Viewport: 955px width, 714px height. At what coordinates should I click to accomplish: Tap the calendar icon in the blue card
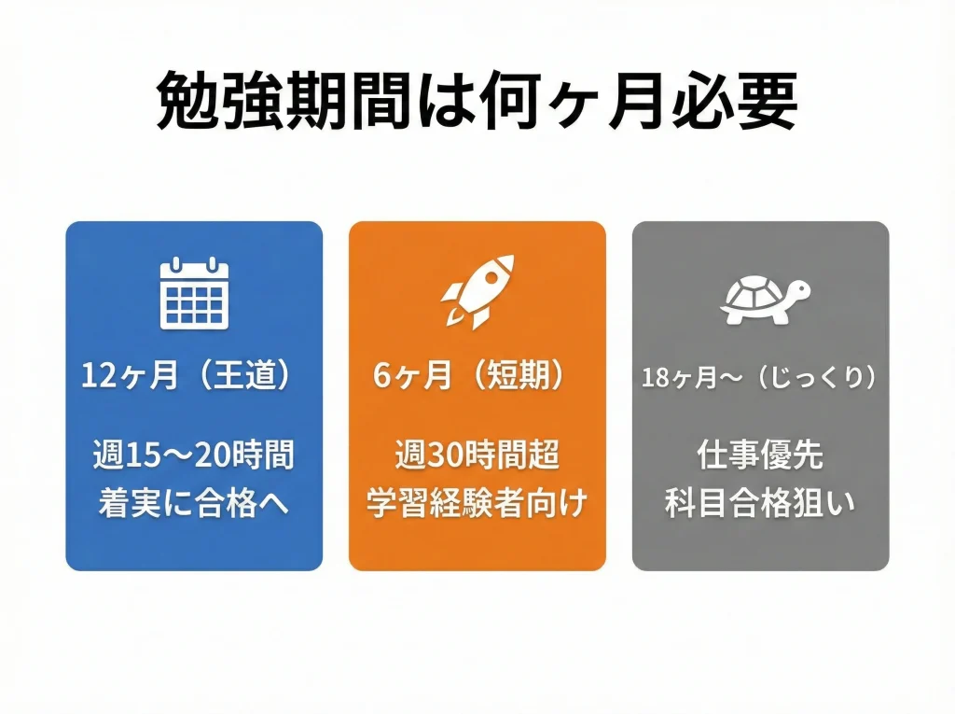coord(194,293)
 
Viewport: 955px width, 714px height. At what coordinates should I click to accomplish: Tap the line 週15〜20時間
coord(194,456)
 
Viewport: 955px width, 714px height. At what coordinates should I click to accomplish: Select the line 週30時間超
coord(477,456)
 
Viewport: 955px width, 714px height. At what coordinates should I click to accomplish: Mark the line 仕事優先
coord(759,456)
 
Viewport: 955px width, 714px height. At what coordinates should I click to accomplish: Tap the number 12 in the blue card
coord(97,376)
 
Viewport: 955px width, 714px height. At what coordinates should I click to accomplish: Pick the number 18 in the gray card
coord(655,378)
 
